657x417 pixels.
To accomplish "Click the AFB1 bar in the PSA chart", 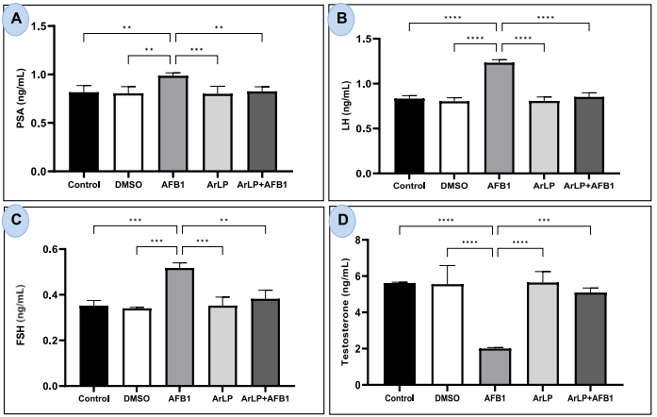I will click(171, 124).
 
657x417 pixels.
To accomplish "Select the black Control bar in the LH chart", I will click(409, 136).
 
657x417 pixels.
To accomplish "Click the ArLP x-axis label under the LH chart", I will click(542, 186).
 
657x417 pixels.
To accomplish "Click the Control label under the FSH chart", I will click(83, 398).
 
